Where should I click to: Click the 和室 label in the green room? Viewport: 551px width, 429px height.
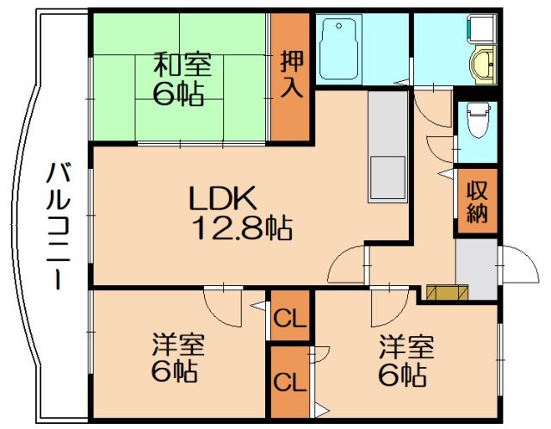coord(181,64)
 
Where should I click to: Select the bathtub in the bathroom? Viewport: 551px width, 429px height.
coord(352,49)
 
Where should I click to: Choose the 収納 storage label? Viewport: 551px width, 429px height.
coord(477,202)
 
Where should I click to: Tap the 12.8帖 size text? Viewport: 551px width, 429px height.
coord(241,229)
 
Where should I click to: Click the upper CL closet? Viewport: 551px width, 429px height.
coord(290,320)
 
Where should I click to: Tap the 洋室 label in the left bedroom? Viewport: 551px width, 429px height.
coord(178,347)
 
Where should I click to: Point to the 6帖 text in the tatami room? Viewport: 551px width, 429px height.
coord(179,93)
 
